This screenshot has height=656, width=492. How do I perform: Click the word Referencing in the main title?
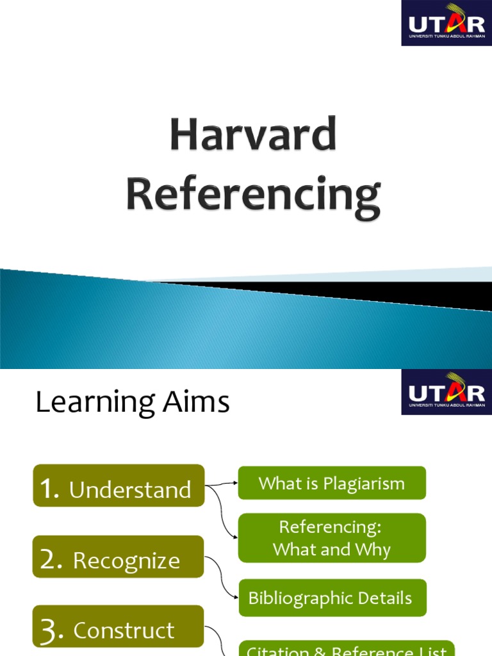point(253,195)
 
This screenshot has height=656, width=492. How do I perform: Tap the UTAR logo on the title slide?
point(447,23)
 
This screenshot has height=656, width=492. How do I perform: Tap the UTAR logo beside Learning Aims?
point(447,391)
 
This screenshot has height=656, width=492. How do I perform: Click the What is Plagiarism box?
point(332,483)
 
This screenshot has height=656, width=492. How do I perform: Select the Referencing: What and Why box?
point(332,538)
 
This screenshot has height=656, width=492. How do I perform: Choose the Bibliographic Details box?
point(332,598)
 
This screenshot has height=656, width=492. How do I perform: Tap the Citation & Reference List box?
point(347,648)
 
